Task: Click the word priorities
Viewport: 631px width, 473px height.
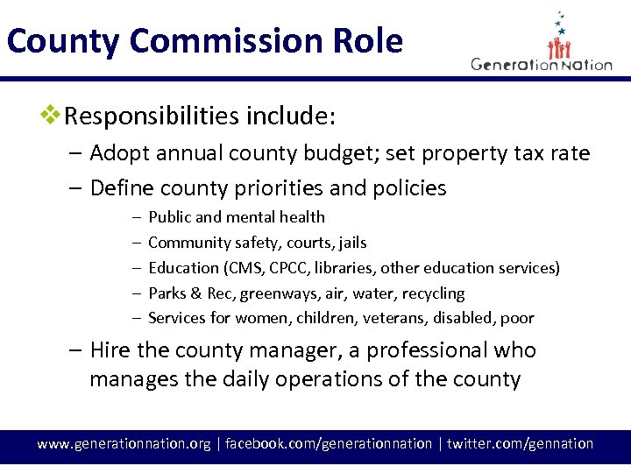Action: tap(271, 188)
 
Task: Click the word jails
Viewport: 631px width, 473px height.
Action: tap(350, 243)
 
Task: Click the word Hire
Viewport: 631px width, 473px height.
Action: tap(110, 350)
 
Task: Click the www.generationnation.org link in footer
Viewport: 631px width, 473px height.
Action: tap(124, 444)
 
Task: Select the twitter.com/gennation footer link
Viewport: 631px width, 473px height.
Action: tap(520, 444)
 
